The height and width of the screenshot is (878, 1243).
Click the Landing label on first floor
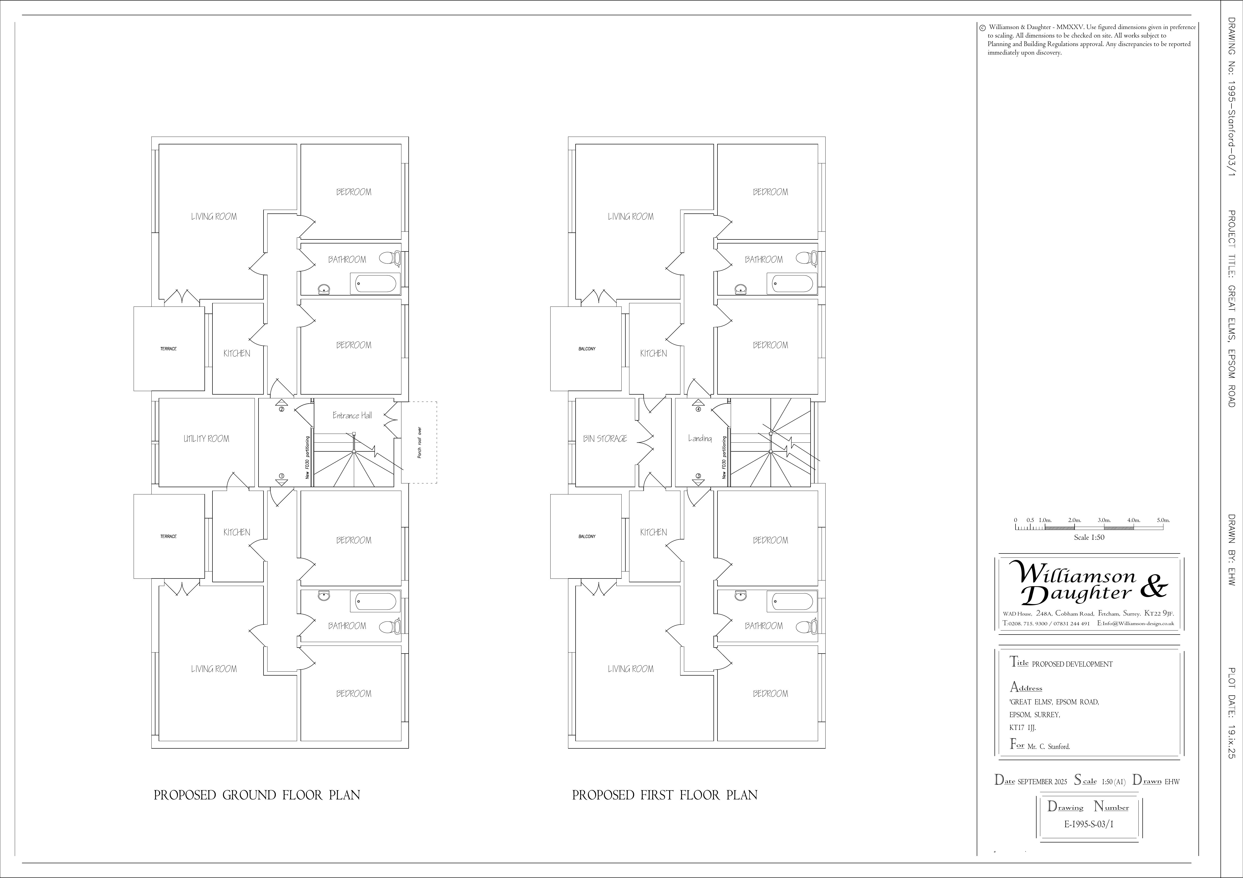[699, 438]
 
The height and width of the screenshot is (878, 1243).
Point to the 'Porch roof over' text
[420, 443]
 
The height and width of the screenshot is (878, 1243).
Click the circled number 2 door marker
[282, 409]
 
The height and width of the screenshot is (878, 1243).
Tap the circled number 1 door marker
[282, 476]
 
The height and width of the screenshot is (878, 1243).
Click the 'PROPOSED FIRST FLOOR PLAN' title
[665, 795]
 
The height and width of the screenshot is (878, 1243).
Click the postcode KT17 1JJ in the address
[1023, 728]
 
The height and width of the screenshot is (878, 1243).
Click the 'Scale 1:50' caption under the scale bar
[1089, 537]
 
